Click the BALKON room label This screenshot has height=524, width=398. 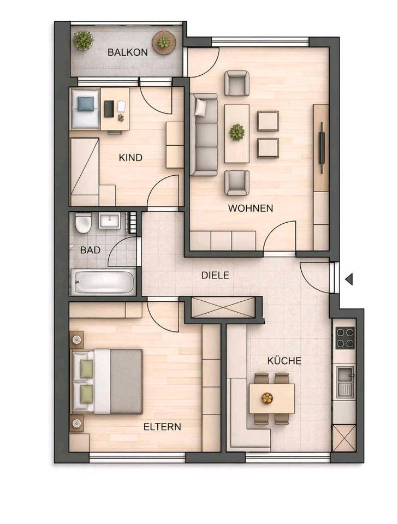click(127, 53)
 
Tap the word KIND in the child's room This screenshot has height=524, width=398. click(130, 158)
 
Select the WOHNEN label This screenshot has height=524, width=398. click(251, 208)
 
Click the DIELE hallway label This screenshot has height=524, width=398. click(215, 276)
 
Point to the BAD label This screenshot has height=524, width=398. click(90, 250)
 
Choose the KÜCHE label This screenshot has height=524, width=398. click(284, 361)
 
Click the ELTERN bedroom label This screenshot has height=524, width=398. click(162, 426)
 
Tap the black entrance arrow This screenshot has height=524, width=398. click(348, 279)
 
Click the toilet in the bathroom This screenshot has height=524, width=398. click(83, 223)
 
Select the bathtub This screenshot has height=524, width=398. click(103, 282)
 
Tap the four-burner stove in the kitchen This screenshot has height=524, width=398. click(344, 337)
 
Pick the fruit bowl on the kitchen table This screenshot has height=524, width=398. click(267, 398)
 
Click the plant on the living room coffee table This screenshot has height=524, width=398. click(236, 132)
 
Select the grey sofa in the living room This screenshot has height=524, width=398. click(204, 135)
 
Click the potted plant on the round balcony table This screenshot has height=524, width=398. click(164, 43)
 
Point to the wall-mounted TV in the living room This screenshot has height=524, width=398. click(322, 147)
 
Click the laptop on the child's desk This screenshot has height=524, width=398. click(108, 108)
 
